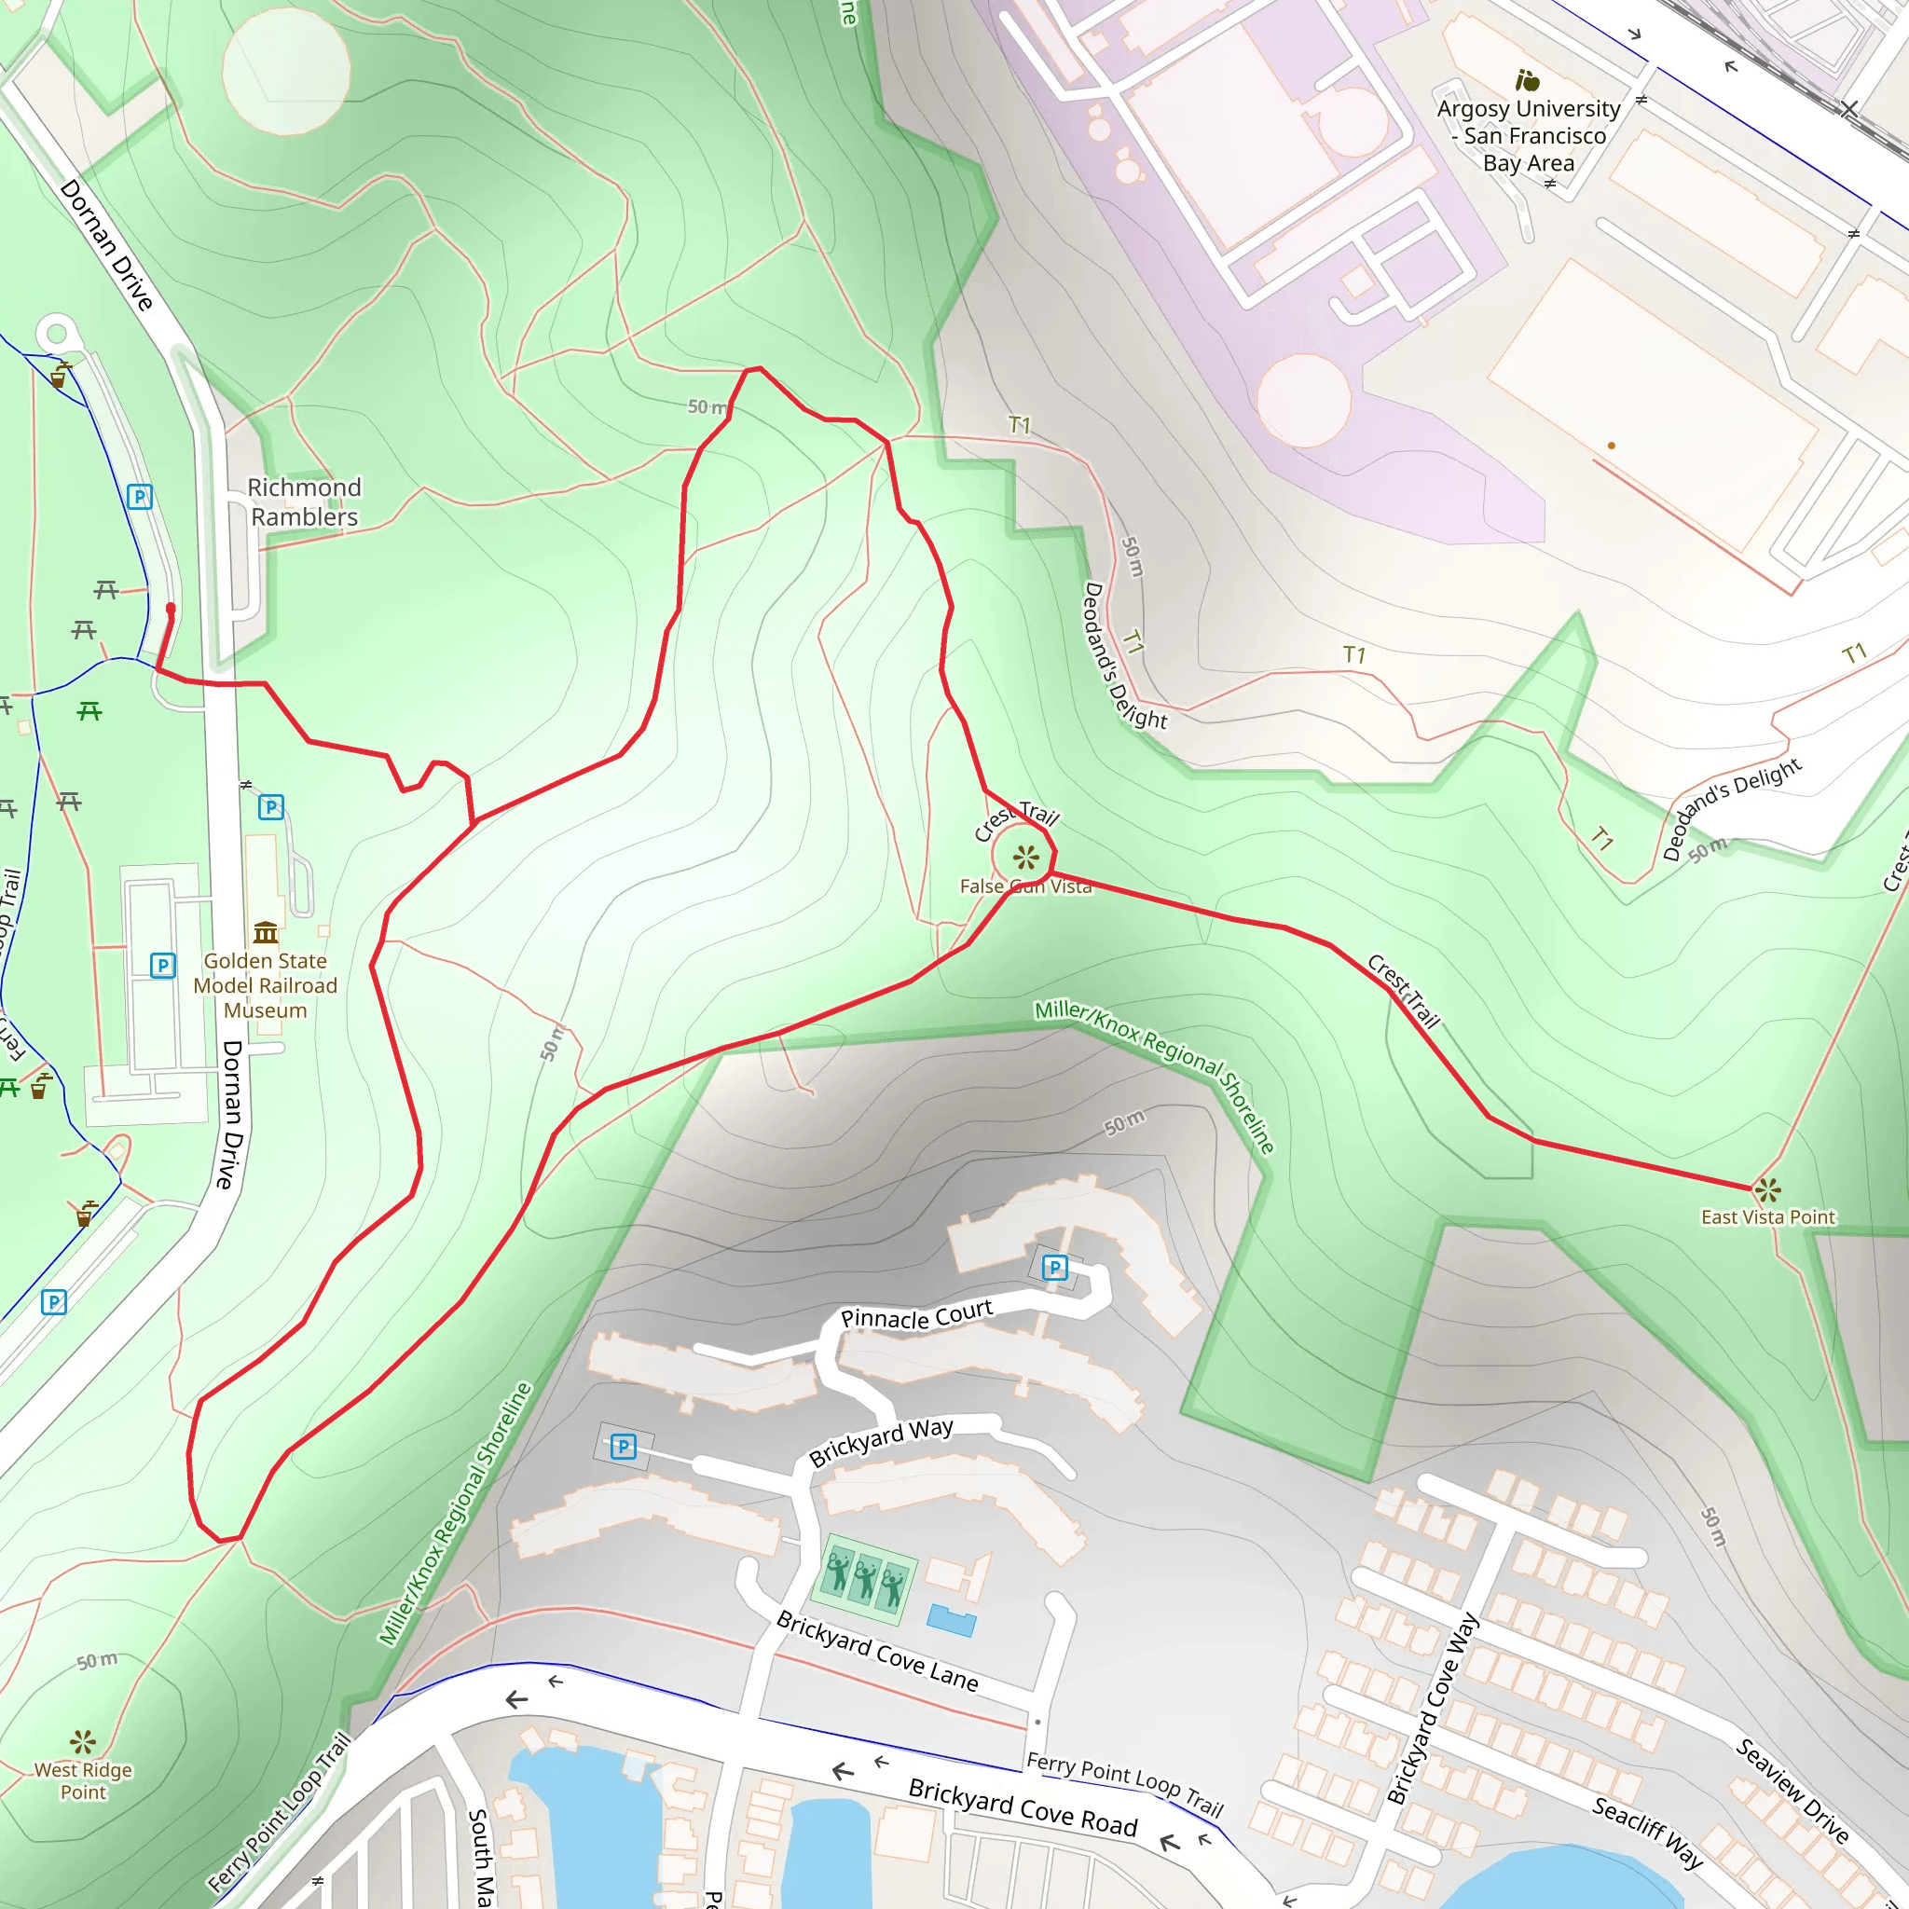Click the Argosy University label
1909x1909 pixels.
tap(1529, 135)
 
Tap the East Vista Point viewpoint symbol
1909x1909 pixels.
tap(1767, 1189)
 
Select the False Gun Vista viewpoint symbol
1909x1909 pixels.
tap(1025, 857)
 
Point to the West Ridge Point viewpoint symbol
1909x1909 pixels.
tap(83, 1741)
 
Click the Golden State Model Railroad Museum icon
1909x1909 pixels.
tap(265, 932)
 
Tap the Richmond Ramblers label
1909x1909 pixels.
tap(304, 502)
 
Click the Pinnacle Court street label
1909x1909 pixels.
tap(916, 1316)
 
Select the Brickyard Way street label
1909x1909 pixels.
tap(880, 1442)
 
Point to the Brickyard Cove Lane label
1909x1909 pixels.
tap(876, 1651)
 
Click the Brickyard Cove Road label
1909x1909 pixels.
tap(1023, 1807)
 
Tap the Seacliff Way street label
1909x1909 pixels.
tap(1647, 1833)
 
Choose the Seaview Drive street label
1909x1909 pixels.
tap(1792, 1791)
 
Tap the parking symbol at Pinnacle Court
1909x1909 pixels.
tap(1054, 1267)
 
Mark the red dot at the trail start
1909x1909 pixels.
tap(171, 609)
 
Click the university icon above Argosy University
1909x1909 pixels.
tap(1528, 79)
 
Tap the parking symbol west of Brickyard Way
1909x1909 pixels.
tap(623, 1448)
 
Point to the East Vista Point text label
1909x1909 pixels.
tap(1767, 1217)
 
